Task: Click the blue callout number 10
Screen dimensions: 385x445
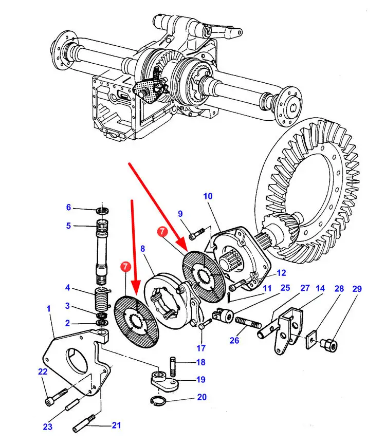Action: tap(208, 196)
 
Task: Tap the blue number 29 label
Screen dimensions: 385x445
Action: tap(357, 289)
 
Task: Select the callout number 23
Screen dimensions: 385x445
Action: tap(48, 427)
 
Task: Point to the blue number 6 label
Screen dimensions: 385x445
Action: tap(68, 207)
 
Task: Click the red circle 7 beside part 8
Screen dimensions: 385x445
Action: tap(125, 267)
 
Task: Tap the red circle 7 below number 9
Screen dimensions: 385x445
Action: tap(162, 231)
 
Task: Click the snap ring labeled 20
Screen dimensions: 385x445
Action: tap(158, 400)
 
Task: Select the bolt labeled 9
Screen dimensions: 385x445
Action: tap(196, 234)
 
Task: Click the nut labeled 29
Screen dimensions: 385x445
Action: tap(329, 344)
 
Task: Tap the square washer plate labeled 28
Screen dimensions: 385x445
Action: tap(312, 339)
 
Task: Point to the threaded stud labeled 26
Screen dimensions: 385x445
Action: tap(248, 322)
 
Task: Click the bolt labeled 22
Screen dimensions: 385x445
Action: tap(57, 396)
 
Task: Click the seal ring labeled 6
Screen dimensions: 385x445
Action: tap(102, 211)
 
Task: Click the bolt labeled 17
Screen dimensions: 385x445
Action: tap(205, 324)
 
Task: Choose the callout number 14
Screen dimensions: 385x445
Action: tap(320, 288)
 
